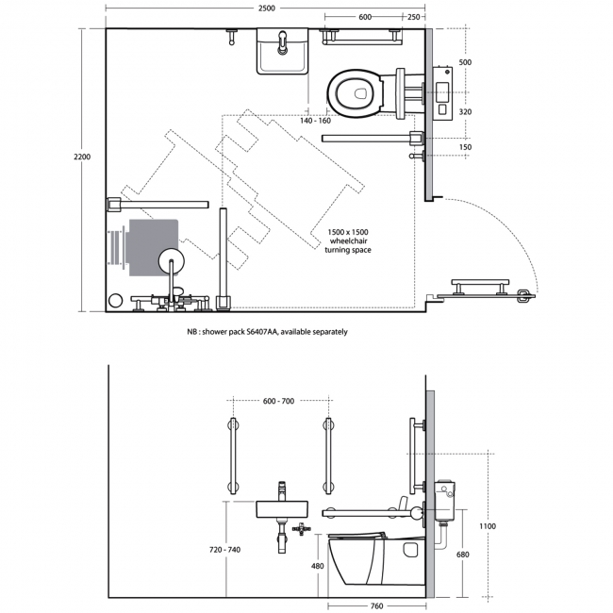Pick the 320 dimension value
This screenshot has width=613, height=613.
(463, 110)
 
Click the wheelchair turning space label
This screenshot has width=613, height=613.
(349, 240)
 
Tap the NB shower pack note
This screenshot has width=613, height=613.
(267, 332)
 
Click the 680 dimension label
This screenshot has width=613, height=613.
(462, 555)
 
